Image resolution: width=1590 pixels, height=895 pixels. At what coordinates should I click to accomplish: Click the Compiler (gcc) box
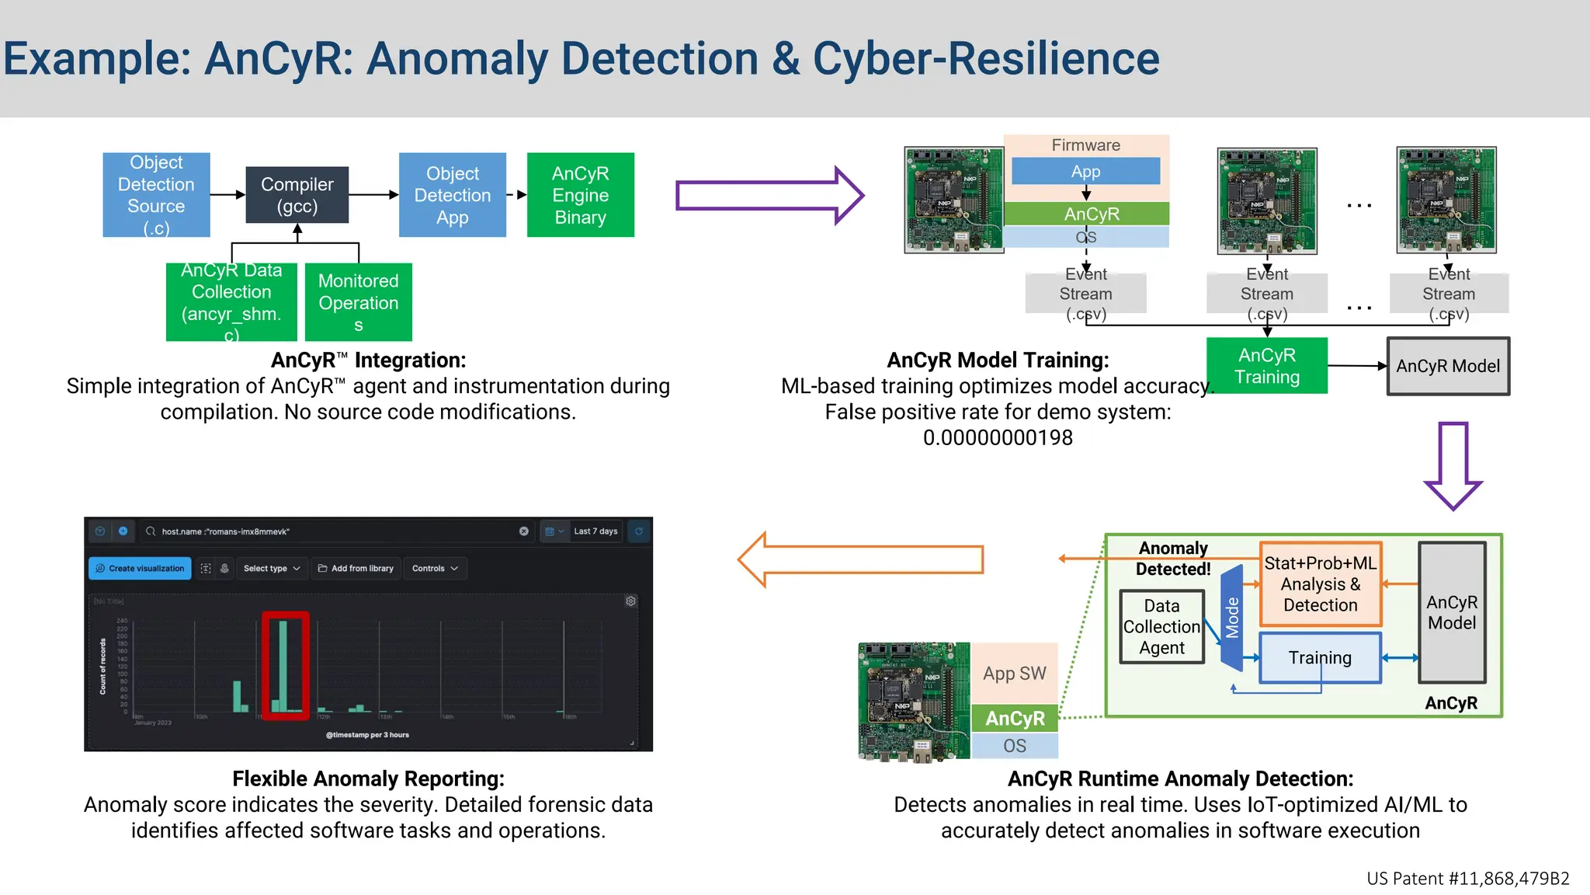(297, 195)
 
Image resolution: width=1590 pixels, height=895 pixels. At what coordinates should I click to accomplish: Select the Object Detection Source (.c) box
(156, 195)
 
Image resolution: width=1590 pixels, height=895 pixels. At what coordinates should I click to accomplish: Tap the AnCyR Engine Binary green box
(580, 195)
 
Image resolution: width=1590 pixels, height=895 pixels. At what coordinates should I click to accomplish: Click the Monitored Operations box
(358, 302)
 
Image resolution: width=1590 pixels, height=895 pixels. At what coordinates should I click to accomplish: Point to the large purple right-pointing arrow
(769, 196)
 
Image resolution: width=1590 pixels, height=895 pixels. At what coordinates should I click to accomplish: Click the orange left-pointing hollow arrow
(859, 559)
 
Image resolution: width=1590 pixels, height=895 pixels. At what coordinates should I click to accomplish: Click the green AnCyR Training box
(1266, 366)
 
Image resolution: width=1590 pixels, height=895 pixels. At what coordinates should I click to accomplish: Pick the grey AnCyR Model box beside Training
(1448, 366)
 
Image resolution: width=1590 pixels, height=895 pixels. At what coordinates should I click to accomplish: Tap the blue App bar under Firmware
(1085, 172)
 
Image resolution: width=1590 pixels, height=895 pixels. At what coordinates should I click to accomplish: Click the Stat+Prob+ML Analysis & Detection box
(1320, 584)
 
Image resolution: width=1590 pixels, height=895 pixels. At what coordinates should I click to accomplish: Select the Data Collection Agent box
(1161, 627)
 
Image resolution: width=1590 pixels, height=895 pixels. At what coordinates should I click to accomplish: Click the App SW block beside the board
(1014, 674)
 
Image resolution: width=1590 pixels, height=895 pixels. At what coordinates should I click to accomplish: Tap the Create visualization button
(140, 569)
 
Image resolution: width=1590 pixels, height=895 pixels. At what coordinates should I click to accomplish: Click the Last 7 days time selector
(595, 531)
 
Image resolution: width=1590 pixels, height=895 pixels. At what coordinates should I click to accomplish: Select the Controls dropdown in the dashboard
(435, 569)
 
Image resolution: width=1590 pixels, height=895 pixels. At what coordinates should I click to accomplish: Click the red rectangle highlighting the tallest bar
(286, 665)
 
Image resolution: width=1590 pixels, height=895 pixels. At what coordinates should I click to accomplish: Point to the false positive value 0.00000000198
(998, 438)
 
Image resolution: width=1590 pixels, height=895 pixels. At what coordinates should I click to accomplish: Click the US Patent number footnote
(1467, 879)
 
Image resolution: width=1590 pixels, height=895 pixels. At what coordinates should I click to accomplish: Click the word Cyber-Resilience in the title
(986, 59)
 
